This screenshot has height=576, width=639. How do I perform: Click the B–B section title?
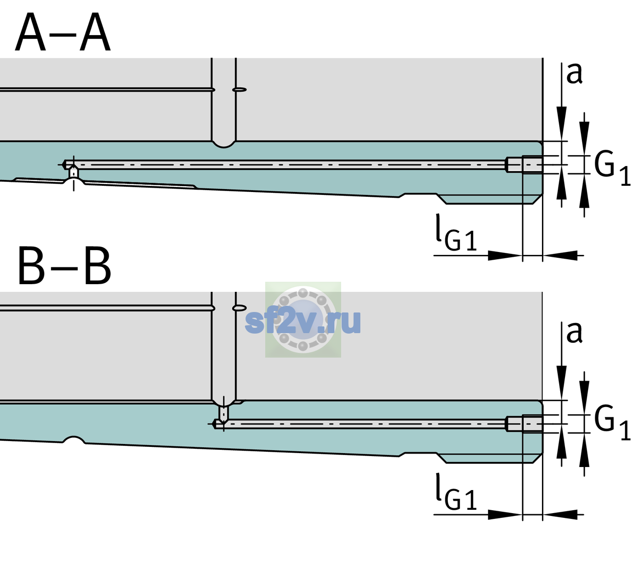[x=65, y=266]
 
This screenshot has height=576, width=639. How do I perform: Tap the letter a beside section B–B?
[x=574, y=333]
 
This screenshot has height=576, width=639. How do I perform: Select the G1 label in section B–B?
[x=612, y=425]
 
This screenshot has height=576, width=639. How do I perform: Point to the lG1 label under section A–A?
[x=456, y=232]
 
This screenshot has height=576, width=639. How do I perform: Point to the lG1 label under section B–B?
[x=456, y=492]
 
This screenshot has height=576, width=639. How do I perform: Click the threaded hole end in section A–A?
[x=524, y=165]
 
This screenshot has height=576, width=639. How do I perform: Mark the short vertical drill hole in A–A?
[x=74, y=173]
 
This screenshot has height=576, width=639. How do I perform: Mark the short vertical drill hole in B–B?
[x=224, y=413]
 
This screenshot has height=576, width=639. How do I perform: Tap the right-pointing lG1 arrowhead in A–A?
[x=505, y=255]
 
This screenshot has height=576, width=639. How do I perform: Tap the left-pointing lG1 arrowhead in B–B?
[x=560, y=515]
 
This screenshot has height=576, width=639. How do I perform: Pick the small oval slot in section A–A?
[x=239, y=90]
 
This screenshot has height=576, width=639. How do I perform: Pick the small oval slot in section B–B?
[x=239, y=308]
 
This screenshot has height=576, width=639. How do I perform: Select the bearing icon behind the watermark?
[x=303, y=320]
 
